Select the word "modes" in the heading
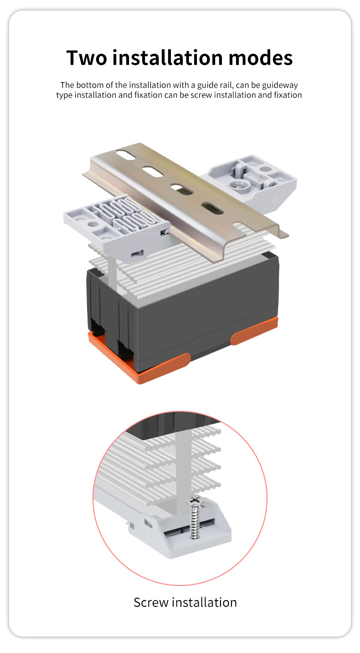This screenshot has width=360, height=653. coord(261,58)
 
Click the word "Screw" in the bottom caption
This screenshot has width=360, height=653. coord(150,602)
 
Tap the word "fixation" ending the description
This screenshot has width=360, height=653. coord(288,95)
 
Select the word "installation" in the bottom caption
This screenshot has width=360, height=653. coord(207,602)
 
